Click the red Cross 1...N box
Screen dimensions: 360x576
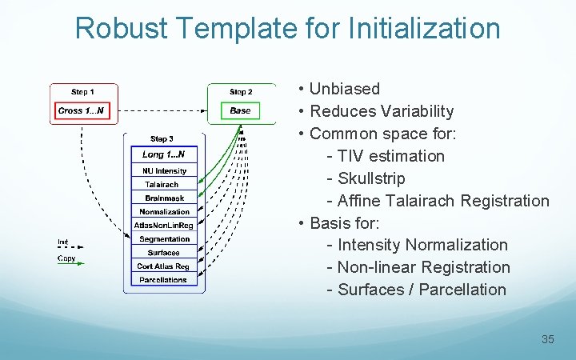[x=83, y=110]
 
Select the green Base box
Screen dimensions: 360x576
[x=241, y=110]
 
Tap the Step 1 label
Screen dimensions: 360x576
[x=82, y=92]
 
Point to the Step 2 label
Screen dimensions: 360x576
[x=241, y=92]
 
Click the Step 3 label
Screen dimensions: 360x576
[x=162, y=139]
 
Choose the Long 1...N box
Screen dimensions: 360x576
[x=163, y=154]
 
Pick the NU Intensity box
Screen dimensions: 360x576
[x=164, y=170]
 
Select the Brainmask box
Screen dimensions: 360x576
[x=164, y=198]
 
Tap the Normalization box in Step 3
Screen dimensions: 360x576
[x=164, y=211]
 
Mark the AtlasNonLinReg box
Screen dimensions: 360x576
[x=164, y=225]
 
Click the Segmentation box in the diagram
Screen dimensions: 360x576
[x=164, y=238]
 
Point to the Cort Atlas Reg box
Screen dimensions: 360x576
[x=163, y=266]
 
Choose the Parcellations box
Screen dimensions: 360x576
[x=163, y=279]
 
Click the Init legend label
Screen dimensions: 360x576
[x=63, y=242]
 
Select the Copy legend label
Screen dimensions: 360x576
[x=66, y=258]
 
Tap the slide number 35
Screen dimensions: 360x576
[x=547, y=339]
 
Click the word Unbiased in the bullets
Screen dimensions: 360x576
[x=345, y=89]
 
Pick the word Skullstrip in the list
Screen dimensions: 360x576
[x=371, y=178]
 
